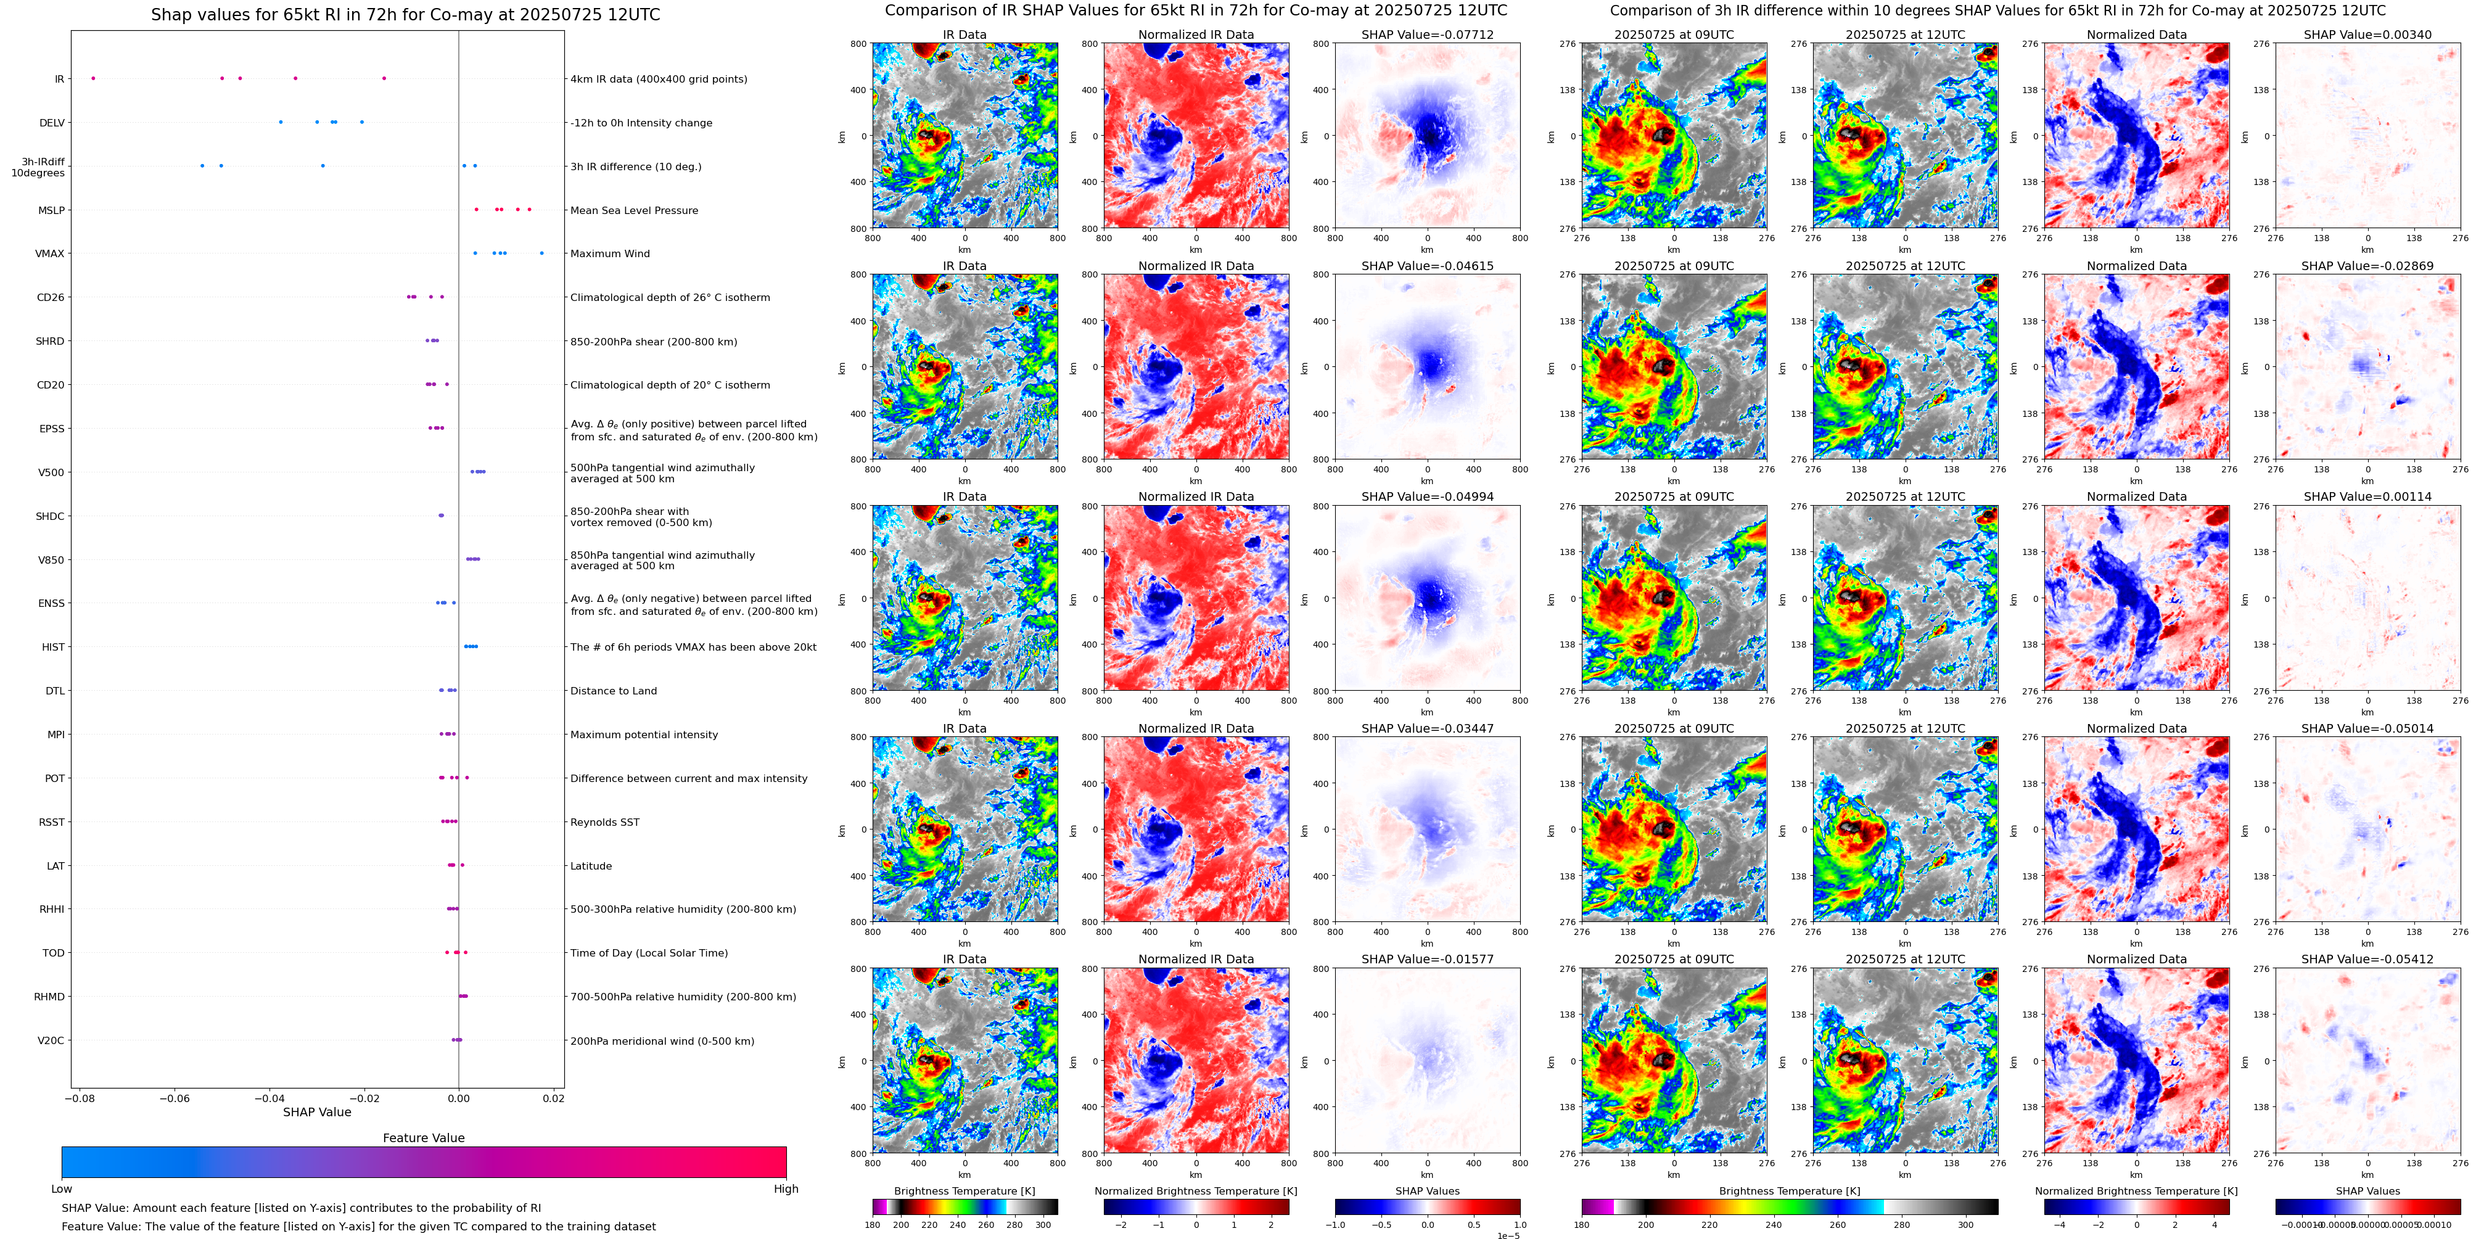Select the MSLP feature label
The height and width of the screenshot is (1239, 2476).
click(51, 210)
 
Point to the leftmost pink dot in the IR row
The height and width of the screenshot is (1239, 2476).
click(93, 78)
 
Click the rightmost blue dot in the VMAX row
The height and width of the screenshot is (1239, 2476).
click(541, 253)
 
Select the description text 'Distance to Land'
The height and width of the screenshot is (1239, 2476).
click(613, 691)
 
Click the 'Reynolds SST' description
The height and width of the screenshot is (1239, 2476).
click(604, 822)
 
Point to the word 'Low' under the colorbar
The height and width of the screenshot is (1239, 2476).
click(62, 1189)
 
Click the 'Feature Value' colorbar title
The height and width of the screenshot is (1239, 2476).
click(423, 1138)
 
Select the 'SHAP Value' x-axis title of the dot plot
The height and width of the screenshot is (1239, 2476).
click(316, 1112)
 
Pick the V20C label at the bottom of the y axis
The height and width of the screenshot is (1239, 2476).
click(51, 1040)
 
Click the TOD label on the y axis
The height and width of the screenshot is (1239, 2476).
click(54, 953)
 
